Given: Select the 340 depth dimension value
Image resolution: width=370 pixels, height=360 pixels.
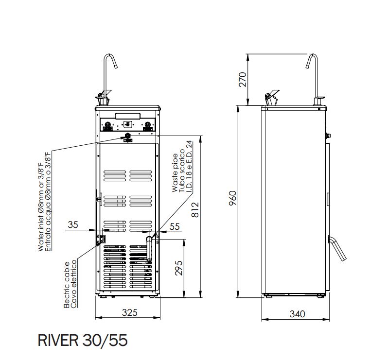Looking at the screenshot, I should [x=297, y=314].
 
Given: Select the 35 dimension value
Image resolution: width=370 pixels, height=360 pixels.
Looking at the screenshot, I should [x=73, y=224].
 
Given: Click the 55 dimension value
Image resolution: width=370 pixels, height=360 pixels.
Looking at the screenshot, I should [x=175, y=226].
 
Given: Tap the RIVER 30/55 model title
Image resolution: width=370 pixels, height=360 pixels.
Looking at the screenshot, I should [x=83, y=340].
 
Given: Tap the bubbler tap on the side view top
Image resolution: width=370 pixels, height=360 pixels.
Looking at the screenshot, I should [x=270, y=96].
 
